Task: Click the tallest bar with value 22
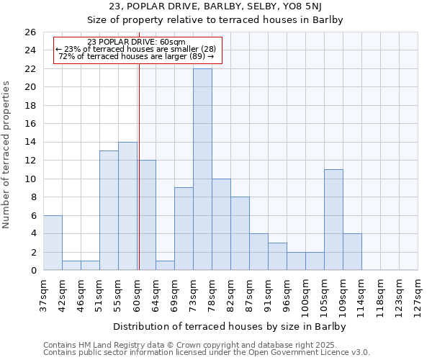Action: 202,169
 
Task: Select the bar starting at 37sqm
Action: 53,243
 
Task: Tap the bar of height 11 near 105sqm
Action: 333,220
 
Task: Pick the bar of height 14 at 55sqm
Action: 127,206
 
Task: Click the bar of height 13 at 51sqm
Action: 109,210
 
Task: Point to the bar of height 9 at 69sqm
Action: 184,229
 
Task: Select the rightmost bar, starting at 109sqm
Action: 352,252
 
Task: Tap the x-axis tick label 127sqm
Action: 418,294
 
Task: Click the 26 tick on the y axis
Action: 30,32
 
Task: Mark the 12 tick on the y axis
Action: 30,161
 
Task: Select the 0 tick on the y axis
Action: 32,271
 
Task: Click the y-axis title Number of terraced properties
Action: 7,155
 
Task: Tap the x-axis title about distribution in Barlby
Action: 230,326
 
